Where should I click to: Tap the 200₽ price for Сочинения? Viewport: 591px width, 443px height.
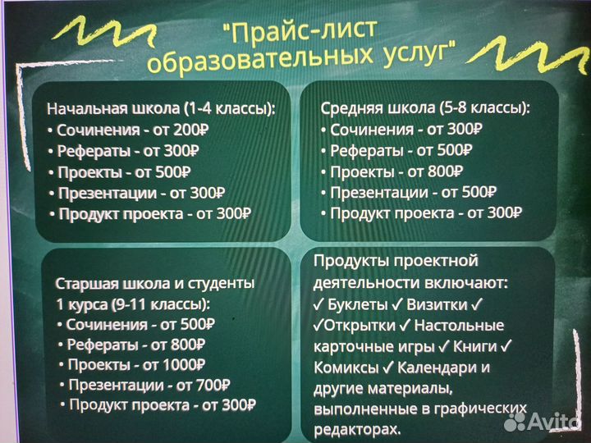(x=191, y=130)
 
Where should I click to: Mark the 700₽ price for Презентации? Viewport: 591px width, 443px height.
(x=213, y=384)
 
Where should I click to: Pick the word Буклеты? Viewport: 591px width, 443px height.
(x=355, y=304)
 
